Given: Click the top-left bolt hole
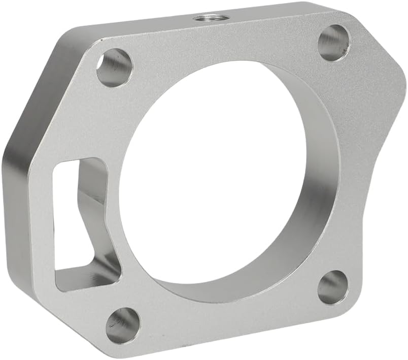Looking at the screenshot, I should point(114,68).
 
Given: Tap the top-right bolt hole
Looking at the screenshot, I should point(333,43).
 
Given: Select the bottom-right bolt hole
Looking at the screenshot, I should point(333,287).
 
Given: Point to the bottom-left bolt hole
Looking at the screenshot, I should point(123,325).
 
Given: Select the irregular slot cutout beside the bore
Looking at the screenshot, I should point(81,223).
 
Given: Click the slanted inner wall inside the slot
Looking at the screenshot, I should point(91,203).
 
